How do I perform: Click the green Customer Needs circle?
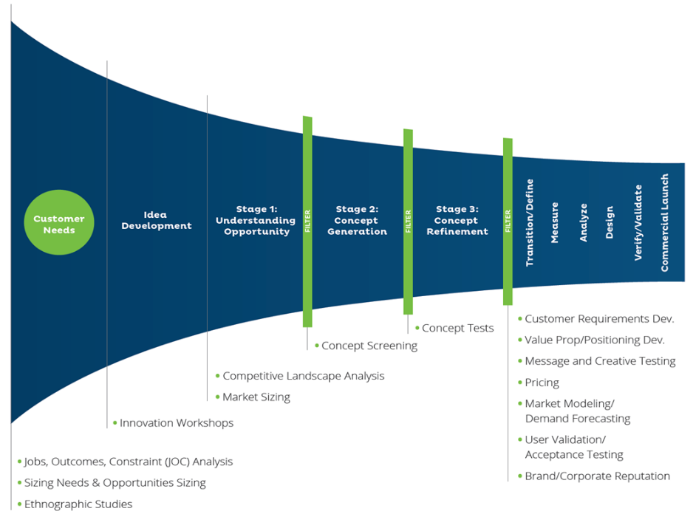pos(59,225)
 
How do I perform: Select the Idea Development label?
pos(156,221)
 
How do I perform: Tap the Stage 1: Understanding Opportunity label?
pos(255,221)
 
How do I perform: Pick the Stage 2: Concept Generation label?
pos(357,221)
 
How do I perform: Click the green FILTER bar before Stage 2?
pos(307,221)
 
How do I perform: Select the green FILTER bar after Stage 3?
pos(508,221)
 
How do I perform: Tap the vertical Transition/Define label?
pos(529,222)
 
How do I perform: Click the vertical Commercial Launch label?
pos(664,222)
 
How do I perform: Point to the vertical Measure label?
pos(555,222)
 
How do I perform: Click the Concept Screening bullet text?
pos(369,346)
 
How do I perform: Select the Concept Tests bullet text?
pos(457,328)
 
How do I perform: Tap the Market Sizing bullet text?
pos(256,397)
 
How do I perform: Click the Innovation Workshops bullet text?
pos(176,423)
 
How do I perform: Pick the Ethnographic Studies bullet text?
pos(78,504)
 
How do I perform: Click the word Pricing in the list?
pos(542,383)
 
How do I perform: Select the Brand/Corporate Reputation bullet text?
pos(597,476)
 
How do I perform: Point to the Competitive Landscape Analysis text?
pos(303,376)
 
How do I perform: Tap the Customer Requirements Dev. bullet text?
pos(599,319)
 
